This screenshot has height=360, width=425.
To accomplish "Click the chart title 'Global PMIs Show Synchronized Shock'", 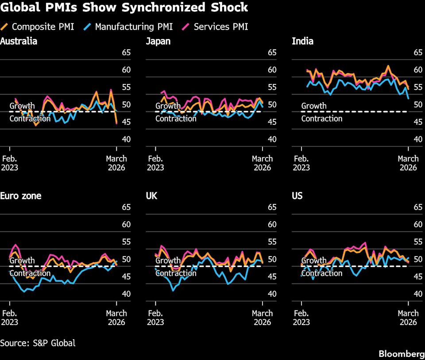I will [x=124, y=8].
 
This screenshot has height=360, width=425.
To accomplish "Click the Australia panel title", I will [x=19, y=42].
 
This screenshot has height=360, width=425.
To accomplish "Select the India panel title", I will [x=302, y=42].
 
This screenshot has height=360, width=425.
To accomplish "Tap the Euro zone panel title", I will [x=21, y=195].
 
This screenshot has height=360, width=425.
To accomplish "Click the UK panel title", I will [x=151, y=195].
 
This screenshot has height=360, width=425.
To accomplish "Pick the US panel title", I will [x=297, y=195].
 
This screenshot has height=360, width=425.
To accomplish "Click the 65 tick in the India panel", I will [x=417, y=53].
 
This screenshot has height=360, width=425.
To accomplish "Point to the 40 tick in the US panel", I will [x=417, y=294].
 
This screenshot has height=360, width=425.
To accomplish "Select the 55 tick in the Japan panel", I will [x=272, y=87].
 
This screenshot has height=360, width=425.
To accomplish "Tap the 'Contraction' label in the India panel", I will [x=321, y=119].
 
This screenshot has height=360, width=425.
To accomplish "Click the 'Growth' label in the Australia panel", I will [x=22, y=106].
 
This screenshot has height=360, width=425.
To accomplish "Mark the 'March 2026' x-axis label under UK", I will [x=262, y=318].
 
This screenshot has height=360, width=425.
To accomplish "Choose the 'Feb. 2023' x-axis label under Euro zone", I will [x=9, y=318].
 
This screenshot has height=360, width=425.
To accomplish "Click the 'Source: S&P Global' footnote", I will [x=38, y=343].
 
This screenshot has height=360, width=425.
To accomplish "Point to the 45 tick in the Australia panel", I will [x=126, y=122].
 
